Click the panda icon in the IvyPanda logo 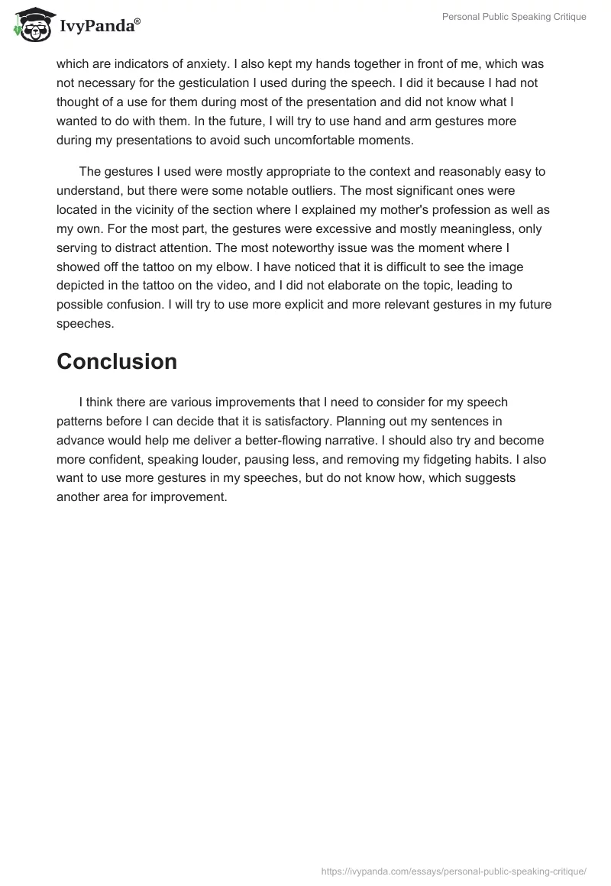point(31,24)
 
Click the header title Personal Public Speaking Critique point(514,17)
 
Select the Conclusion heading point(117,361)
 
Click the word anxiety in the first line point(190,63)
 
